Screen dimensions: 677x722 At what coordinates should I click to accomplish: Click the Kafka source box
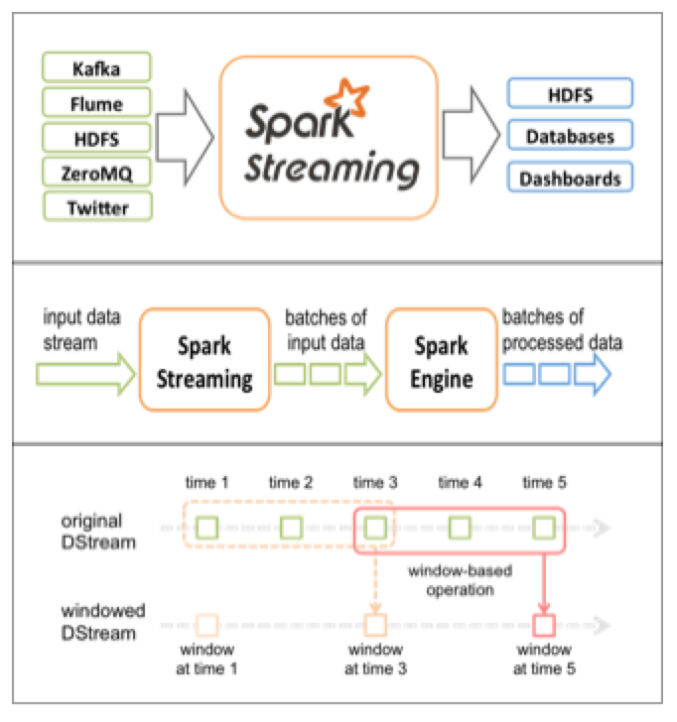(x=96, y=67)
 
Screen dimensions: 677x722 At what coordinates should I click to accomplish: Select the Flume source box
(x=96, y=102)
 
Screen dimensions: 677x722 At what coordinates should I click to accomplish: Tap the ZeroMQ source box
(x=96, y=173)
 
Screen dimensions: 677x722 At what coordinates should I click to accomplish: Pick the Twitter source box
(x=97, y=206)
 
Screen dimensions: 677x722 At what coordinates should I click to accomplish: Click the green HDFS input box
(x=96, y=137)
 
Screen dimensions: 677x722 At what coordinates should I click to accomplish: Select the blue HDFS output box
(x=570, y=93)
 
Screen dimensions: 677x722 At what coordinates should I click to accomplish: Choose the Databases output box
(x=570, y=135)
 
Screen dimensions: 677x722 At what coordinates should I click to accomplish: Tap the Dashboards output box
(x=570, y=177)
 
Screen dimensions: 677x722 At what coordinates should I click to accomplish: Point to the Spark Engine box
(x=442, y=360)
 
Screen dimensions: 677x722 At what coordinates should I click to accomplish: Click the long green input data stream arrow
(x=85, y=374)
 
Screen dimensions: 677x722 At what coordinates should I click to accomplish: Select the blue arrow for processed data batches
(x=593, y=374)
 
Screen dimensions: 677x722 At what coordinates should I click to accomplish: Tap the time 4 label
(x=460, y=482)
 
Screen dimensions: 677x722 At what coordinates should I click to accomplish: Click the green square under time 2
(x=291, y=528)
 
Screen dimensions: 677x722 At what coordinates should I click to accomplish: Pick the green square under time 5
(x=544, y=528)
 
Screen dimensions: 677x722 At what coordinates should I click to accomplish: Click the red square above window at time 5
(x=544, y=625)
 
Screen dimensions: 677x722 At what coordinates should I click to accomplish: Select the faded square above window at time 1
(x=206, y=625)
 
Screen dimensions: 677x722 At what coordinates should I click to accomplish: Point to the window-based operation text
(x=460, y=580)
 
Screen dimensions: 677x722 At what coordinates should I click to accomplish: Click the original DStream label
(x=98, y=532)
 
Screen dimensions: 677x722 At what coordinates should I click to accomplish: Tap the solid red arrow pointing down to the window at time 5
(x=544, y=583)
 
